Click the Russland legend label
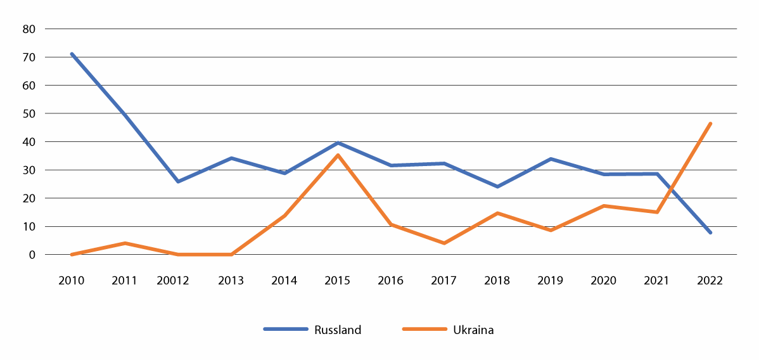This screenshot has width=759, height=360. click(x=337, y=330)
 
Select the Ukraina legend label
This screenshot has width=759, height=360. click(x=473, y=330)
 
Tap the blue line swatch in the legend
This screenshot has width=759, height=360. click(x=285, y=330)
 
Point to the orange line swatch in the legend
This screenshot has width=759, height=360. click(x=424, y=330)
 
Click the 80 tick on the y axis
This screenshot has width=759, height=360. click(x=29, y=29)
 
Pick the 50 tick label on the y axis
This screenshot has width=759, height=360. click(x=29, y=113)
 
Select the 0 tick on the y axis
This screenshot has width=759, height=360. click(x=31, y=255)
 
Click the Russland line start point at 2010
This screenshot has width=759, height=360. click(x=72, y=54)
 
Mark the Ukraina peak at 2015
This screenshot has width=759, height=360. click(x=338, y=155)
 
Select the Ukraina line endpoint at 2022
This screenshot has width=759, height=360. click(x=710, y=124)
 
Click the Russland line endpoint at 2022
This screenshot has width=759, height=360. click(x=710, y=233)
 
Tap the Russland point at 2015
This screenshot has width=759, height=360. click(x=338, y=143)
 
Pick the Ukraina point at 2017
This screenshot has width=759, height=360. click(x=444, y=243)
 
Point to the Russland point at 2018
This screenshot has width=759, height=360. click(x=497, y=186)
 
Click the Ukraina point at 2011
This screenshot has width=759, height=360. click(x=125, y=243)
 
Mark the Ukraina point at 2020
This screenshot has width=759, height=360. click(x=604, y=206)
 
